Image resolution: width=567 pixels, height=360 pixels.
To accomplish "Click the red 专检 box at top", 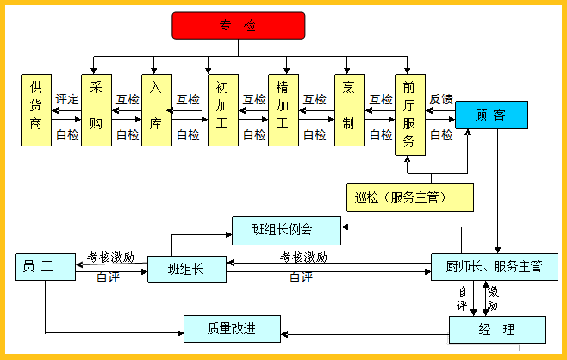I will point(238,26).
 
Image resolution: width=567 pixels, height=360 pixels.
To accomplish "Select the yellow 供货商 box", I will point(36,110).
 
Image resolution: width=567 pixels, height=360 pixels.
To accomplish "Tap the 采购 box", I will point(97,110).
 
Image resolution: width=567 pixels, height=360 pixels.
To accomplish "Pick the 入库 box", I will point(156,110).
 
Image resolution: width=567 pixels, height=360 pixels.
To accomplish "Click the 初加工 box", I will point(222,110).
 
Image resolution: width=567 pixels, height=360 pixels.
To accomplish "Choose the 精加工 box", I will point(283,110).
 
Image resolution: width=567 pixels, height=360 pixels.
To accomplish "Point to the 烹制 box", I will point(349,110).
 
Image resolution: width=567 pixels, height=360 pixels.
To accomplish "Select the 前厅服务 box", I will point(410,115).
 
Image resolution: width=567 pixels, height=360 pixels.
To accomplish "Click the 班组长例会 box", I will point(287,230).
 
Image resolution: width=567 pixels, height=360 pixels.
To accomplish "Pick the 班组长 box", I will point(186,269).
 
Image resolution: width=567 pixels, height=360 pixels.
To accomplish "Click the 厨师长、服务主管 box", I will point(495,267).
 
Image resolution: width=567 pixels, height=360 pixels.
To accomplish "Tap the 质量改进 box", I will point(233,328).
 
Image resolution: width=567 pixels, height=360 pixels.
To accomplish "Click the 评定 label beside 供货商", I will point(66,99).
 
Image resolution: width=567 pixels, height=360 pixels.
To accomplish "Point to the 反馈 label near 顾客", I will point(441,99).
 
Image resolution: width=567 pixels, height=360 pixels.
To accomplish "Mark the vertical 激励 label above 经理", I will point(493,299).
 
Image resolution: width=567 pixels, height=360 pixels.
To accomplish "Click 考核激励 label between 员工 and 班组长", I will point(110,257).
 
